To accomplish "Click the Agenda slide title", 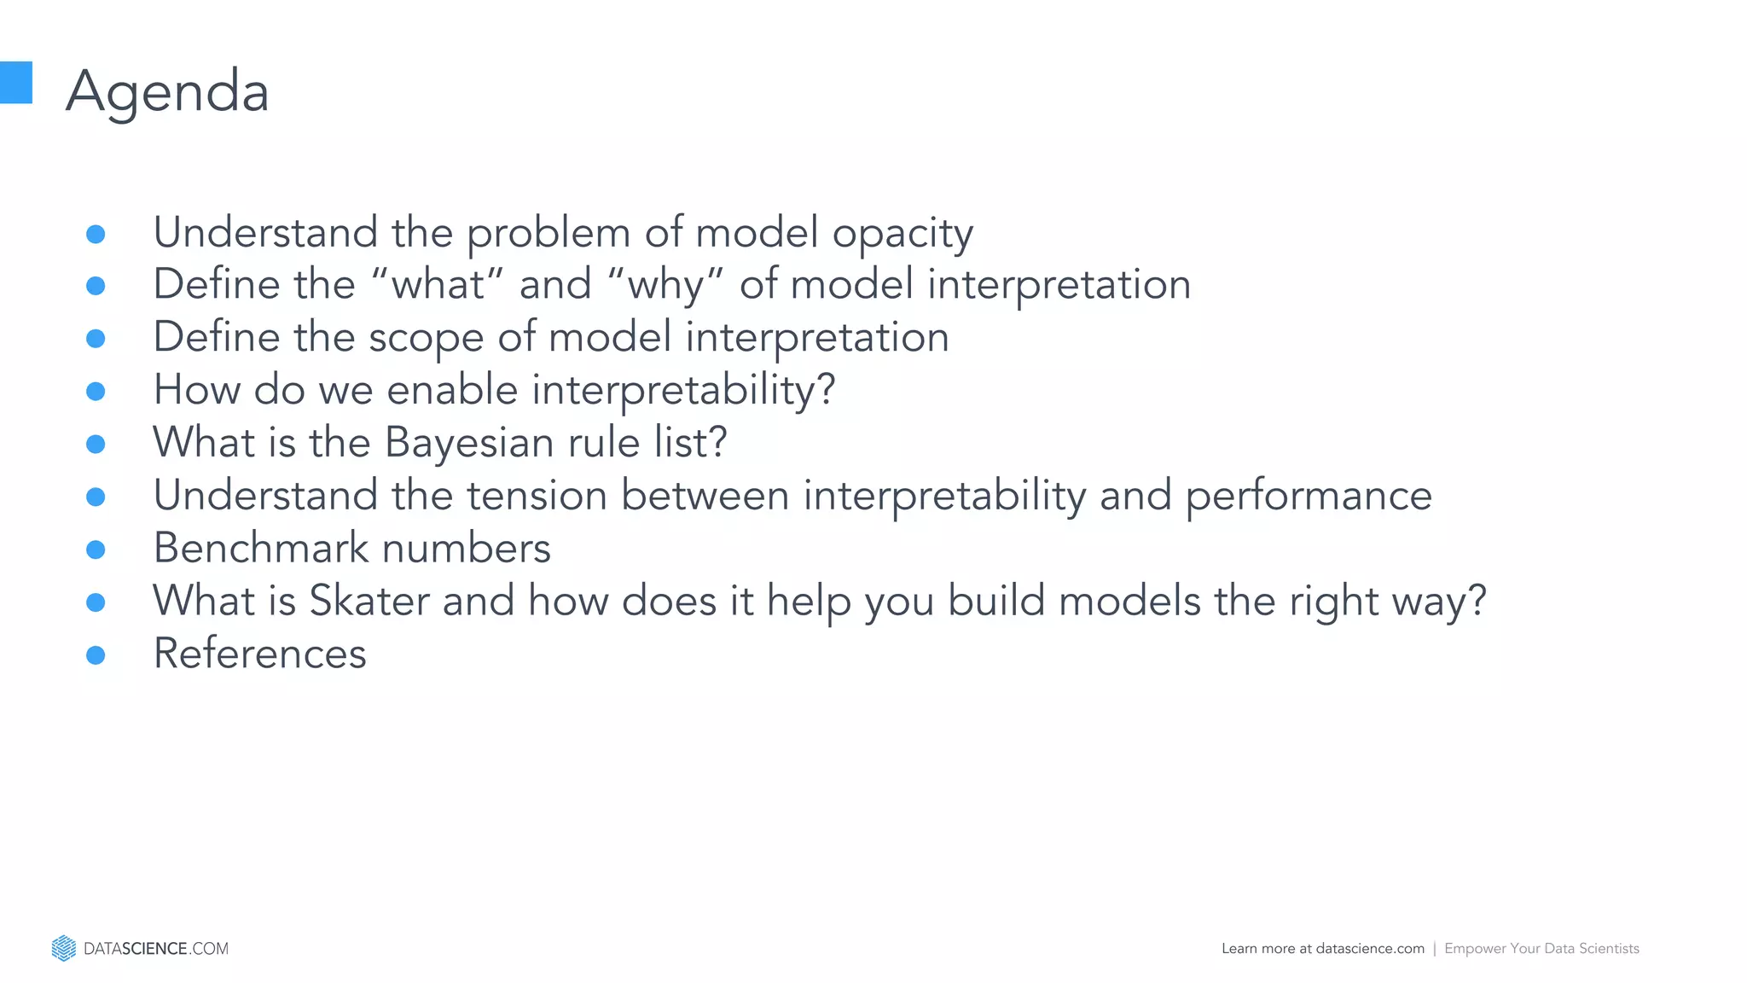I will tap(167, 91).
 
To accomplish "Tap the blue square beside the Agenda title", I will tap(15, 83).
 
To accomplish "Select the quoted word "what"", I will tap(438, 284).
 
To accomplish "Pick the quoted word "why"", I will tap(665, 285).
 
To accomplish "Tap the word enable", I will tap(452, 390).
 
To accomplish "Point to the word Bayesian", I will tap(469, 443).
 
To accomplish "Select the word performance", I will tap(1309, 497).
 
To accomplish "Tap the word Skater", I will tap(369, 601).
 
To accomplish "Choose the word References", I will tap(259, 654).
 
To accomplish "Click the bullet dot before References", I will tap(96, 655).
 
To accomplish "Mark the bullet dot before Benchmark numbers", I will tap(96, 550).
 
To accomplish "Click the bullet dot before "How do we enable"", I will tap(96, 392).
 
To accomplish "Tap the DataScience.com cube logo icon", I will tap(64, 948).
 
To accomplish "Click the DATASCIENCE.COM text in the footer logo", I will tap(156, 949).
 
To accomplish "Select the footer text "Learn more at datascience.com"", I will tap(1322, 949).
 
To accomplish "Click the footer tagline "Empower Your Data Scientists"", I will tap(1541, 949).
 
